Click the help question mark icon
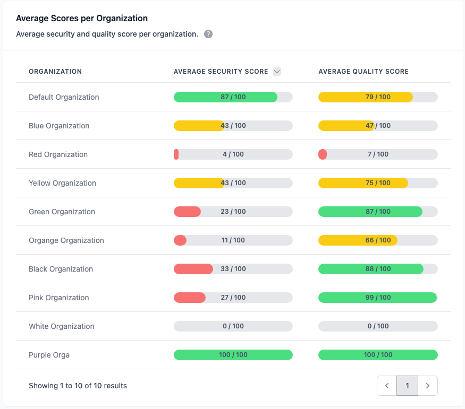[208, 34]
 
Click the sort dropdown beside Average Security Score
[277, 72]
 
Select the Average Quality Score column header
[363, 72]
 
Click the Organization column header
[55, 72]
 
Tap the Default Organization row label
[64, 97]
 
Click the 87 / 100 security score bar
[233, 97]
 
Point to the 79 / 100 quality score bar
[378, 97]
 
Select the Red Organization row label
[58, 154]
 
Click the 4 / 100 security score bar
[233, 154]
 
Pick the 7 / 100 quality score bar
[378, 154]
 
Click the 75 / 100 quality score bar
[378, 183]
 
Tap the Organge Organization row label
[66, 240]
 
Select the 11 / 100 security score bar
[233, 240]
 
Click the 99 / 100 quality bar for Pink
[378, 298]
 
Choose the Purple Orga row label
[49, 355]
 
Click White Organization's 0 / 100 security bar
[233, 326]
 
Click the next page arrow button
[428, 386]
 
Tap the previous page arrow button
[387, 386]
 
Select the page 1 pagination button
[408, 386]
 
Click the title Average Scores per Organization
[82, 19]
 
